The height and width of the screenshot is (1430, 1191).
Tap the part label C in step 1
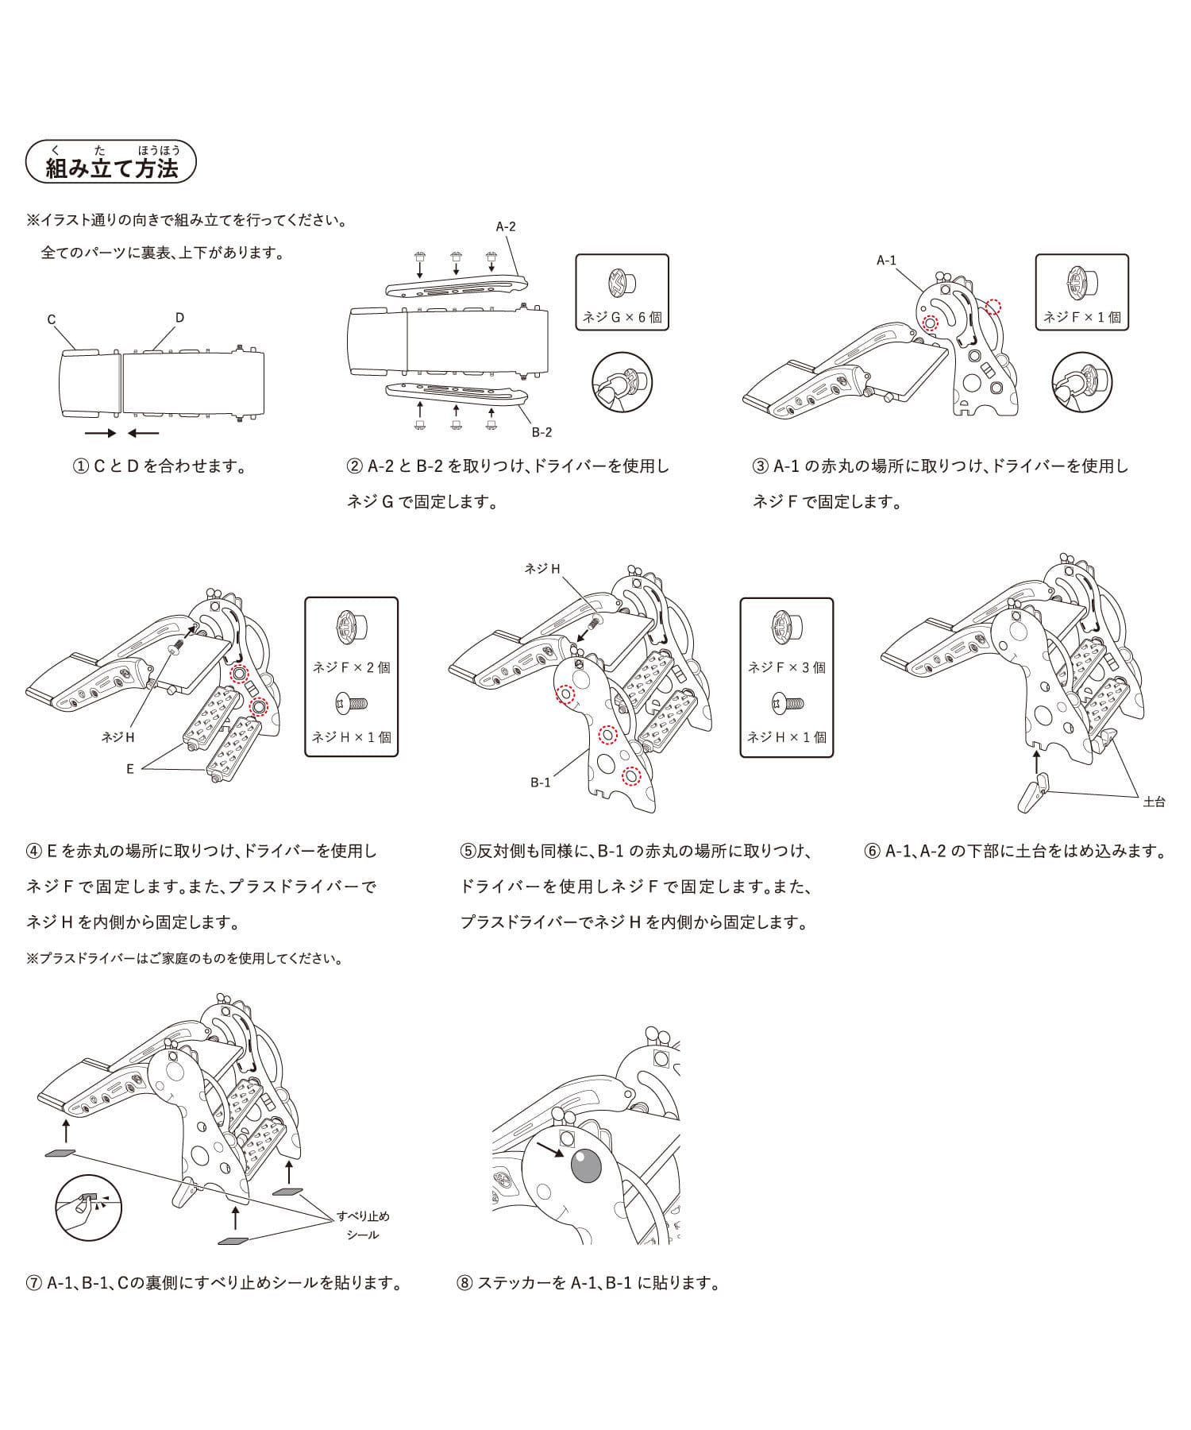click(52, 319)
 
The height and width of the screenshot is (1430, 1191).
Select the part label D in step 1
click(179, 317)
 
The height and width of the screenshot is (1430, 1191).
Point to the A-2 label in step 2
click(506, 226)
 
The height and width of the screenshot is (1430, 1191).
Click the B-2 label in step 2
click(542, 432)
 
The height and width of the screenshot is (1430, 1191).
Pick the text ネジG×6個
click(622, 317)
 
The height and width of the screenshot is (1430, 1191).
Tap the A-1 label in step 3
click(886, 260)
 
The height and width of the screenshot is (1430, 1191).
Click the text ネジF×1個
click(1081, 317)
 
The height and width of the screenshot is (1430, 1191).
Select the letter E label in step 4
click(130, 769)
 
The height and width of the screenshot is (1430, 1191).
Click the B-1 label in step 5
click(541, 783)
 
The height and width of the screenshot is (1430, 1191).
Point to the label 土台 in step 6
click(1154, 802)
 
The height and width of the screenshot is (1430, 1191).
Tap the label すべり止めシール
click(363, 1225)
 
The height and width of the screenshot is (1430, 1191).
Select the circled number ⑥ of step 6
click(872, 851)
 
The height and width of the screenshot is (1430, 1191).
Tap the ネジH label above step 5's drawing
click(542, 569)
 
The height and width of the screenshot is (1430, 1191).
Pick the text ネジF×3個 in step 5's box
click(786, 667)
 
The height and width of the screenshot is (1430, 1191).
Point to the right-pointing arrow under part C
click(100, 433)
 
